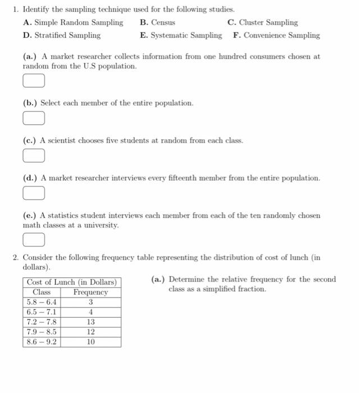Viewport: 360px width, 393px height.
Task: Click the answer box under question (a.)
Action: coord(33,82)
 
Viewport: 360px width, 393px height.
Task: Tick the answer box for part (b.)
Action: coord(33,119)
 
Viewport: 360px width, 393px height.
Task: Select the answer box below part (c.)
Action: coord(33,156)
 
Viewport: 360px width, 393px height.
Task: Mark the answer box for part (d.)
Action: coord(33,193)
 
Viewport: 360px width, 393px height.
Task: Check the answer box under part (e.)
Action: coord(33,240)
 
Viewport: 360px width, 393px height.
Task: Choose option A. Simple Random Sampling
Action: coord(73,22)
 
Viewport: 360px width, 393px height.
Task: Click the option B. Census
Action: coord(158,22)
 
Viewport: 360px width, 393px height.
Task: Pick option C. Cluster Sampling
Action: coord(263,22)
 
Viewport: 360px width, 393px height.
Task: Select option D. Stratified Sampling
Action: coord(62,35)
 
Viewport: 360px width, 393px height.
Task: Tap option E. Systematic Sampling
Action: coord(181,35)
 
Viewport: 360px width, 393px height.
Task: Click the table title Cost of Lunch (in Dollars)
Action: coord(71,282)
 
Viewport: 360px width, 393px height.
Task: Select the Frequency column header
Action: coord(90,293)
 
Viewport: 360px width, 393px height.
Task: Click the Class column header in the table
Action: coord(42,293)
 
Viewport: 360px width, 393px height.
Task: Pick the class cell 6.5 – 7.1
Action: coord(42,312)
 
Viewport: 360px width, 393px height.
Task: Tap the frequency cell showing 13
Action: coord(90,322)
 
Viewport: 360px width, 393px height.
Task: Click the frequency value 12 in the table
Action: coord(90,332)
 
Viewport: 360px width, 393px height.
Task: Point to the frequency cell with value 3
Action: coord(90,303)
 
